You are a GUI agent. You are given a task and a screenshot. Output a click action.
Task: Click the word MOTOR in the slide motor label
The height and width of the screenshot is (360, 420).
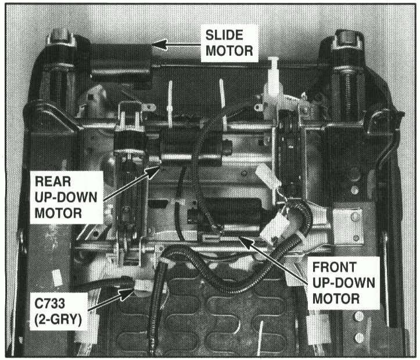[229, 51]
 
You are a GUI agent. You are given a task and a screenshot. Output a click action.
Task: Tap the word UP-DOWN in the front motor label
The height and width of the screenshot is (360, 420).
[343, 284]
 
